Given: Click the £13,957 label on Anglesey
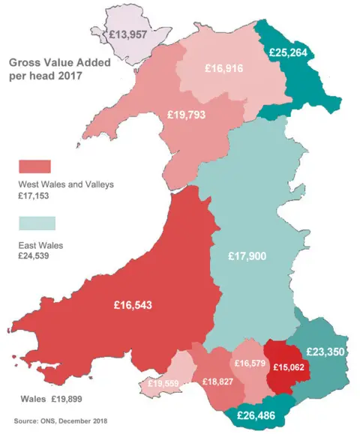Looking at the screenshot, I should click(131, 34).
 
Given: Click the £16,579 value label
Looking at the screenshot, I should click(250, 364).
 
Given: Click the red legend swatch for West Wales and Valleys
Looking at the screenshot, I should click(34, 166).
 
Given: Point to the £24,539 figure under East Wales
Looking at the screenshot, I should click(34, 256).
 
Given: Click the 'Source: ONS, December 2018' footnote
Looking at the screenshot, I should click(60, 421).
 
